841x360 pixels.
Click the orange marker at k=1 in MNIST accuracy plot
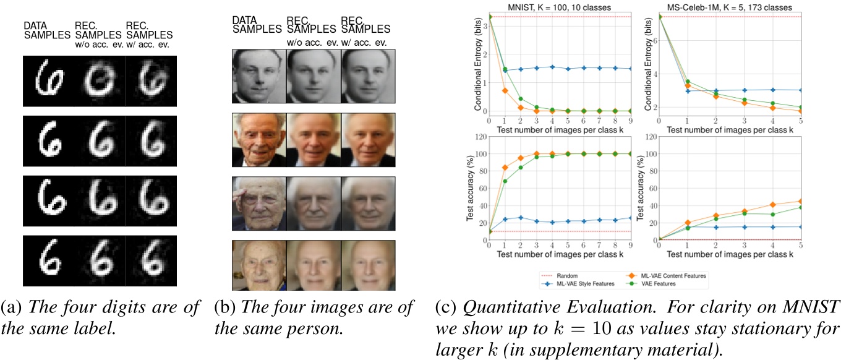506,168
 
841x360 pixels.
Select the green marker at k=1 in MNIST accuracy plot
506,181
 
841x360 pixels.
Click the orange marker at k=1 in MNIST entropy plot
506,90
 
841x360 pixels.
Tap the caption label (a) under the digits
11,306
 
